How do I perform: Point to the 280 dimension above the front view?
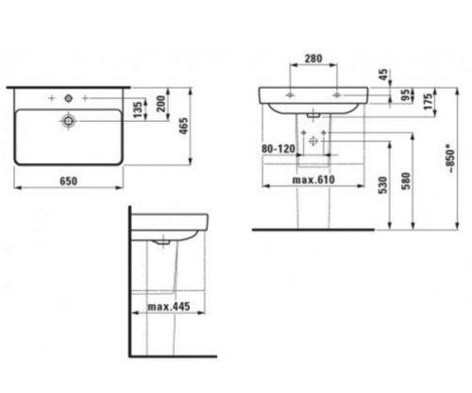(314, 58)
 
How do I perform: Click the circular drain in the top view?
(68, 121)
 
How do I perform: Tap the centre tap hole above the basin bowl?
(68, 97)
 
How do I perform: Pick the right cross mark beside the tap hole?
(88, 97)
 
